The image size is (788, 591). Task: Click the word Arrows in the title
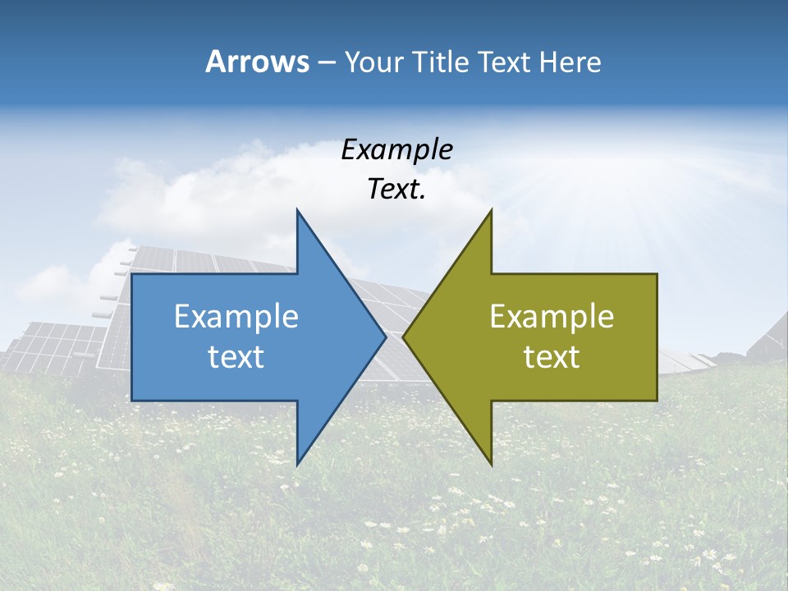(258, 62)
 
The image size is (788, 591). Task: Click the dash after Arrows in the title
(326, 62)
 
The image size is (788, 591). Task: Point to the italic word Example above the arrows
(396, 149)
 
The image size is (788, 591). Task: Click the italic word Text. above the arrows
(396, 190)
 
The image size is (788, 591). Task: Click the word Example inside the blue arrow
(236, 317)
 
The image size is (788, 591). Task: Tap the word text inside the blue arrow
(236, 357)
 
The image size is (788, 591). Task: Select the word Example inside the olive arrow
(552, 317)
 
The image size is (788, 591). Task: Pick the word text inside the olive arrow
(552, 357)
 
